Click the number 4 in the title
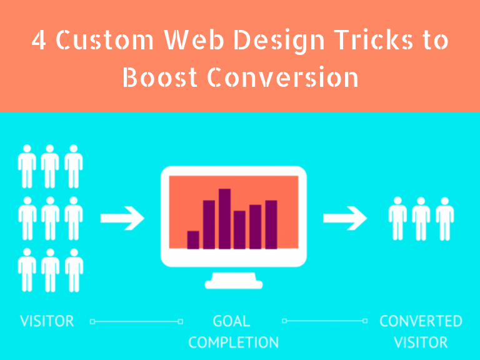click(39, 40)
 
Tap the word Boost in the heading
click(159, 77)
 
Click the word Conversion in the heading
click(283, 77)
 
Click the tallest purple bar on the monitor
click(225, 219)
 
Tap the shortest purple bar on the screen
click(193, 240)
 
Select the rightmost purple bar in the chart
click(271, 224)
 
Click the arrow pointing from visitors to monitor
click(122, 218)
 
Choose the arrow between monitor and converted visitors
click(345, 218)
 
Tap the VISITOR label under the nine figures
click(47, 321)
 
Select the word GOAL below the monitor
click(231, 321)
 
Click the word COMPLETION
click(234, 342)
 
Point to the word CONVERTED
click(421, 321)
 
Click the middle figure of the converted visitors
click(421, 219)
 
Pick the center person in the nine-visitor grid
click(51, 218)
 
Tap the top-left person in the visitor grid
click(27, 166)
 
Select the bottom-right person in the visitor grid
click(74, 270)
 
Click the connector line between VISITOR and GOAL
click(136, 321)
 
